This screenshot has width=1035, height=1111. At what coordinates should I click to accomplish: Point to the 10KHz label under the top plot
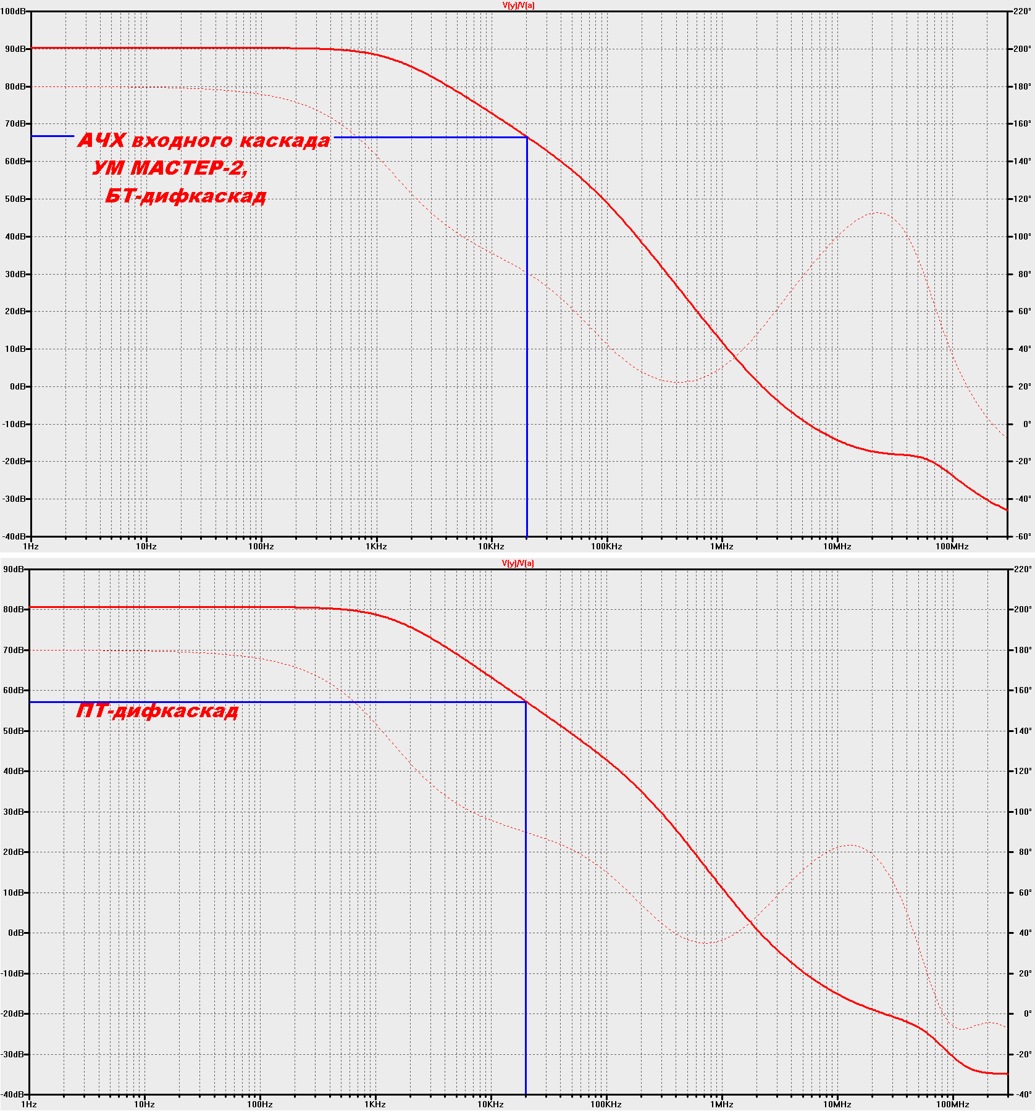pyautogui.click(x=491, y=546)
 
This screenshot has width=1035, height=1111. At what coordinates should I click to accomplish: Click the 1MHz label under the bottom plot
pyautogui.click(x=721, y=1104)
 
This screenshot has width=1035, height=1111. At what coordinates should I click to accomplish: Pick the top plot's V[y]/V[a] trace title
pyautogui.click(x=518, y=6)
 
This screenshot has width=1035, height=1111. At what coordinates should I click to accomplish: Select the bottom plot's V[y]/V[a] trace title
pyautogui.click(x=518, y=563)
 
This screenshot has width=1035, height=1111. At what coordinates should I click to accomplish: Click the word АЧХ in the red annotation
pyautogui.click(x=101, y=141)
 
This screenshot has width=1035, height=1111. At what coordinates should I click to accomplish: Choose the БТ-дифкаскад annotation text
pyautogui.click(x=185, y=196)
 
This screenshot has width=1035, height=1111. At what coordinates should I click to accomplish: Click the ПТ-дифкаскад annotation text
pyautogui.click(x=157, y=711)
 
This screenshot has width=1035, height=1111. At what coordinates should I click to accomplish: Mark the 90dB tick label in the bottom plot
pyautogui.click(x=14, y=569)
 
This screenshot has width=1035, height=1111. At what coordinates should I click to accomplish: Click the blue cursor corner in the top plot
pyautogui.click(x=527, y=137)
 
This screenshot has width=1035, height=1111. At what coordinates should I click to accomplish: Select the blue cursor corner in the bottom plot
pyautogui.click(x=526, y=702)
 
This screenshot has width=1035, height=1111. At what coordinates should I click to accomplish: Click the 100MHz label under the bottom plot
pyautogui.click(x=952, y=1104)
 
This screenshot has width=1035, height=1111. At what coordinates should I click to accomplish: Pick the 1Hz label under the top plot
pyautogui.click(x=30, y=546)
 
